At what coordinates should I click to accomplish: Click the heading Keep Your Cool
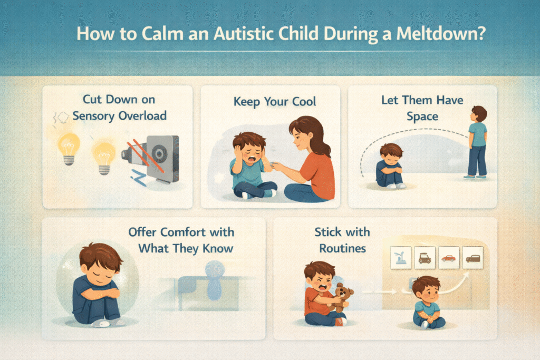(x=274, y=102)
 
